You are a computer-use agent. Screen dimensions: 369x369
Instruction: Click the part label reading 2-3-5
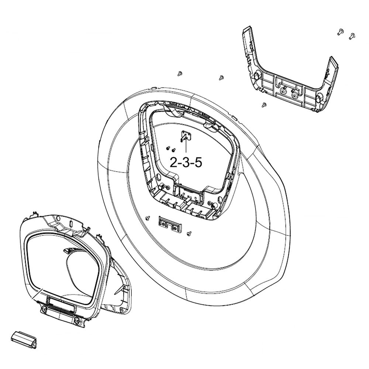(186, 162)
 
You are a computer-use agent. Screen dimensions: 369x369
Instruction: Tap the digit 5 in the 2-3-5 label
(198, 162)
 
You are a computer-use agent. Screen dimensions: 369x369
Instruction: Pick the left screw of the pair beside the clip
(168, 146)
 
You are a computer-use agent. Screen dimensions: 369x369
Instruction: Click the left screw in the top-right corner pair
(340, 32)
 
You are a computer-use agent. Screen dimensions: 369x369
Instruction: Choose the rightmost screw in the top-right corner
(351, 36)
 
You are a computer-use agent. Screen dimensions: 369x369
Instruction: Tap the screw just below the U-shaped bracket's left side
(263, 105)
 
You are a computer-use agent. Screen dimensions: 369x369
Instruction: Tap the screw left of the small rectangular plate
(148, 218)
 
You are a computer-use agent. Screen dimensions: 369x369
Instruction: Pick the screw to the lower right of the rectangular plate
(190, 233)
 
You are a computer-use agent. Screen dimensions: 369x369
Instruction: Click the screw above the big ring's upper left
(180, 73)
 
